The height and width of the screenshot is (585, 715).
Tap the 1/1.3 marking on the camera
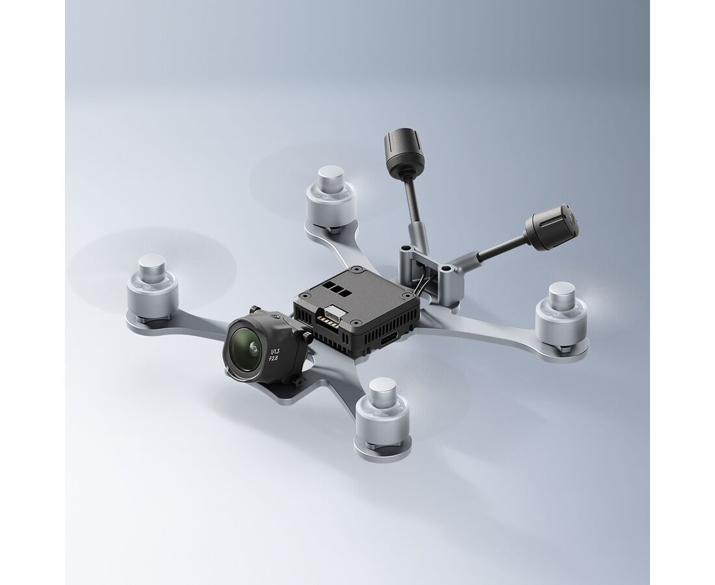click(274, 351)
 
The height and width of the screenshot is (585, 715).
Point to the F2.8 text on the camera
click(273, 358)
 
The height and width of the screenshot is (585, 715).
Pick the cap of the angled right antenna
click(552, 227)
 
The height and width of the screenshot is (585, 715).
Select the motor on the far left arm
click(152, 288)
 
